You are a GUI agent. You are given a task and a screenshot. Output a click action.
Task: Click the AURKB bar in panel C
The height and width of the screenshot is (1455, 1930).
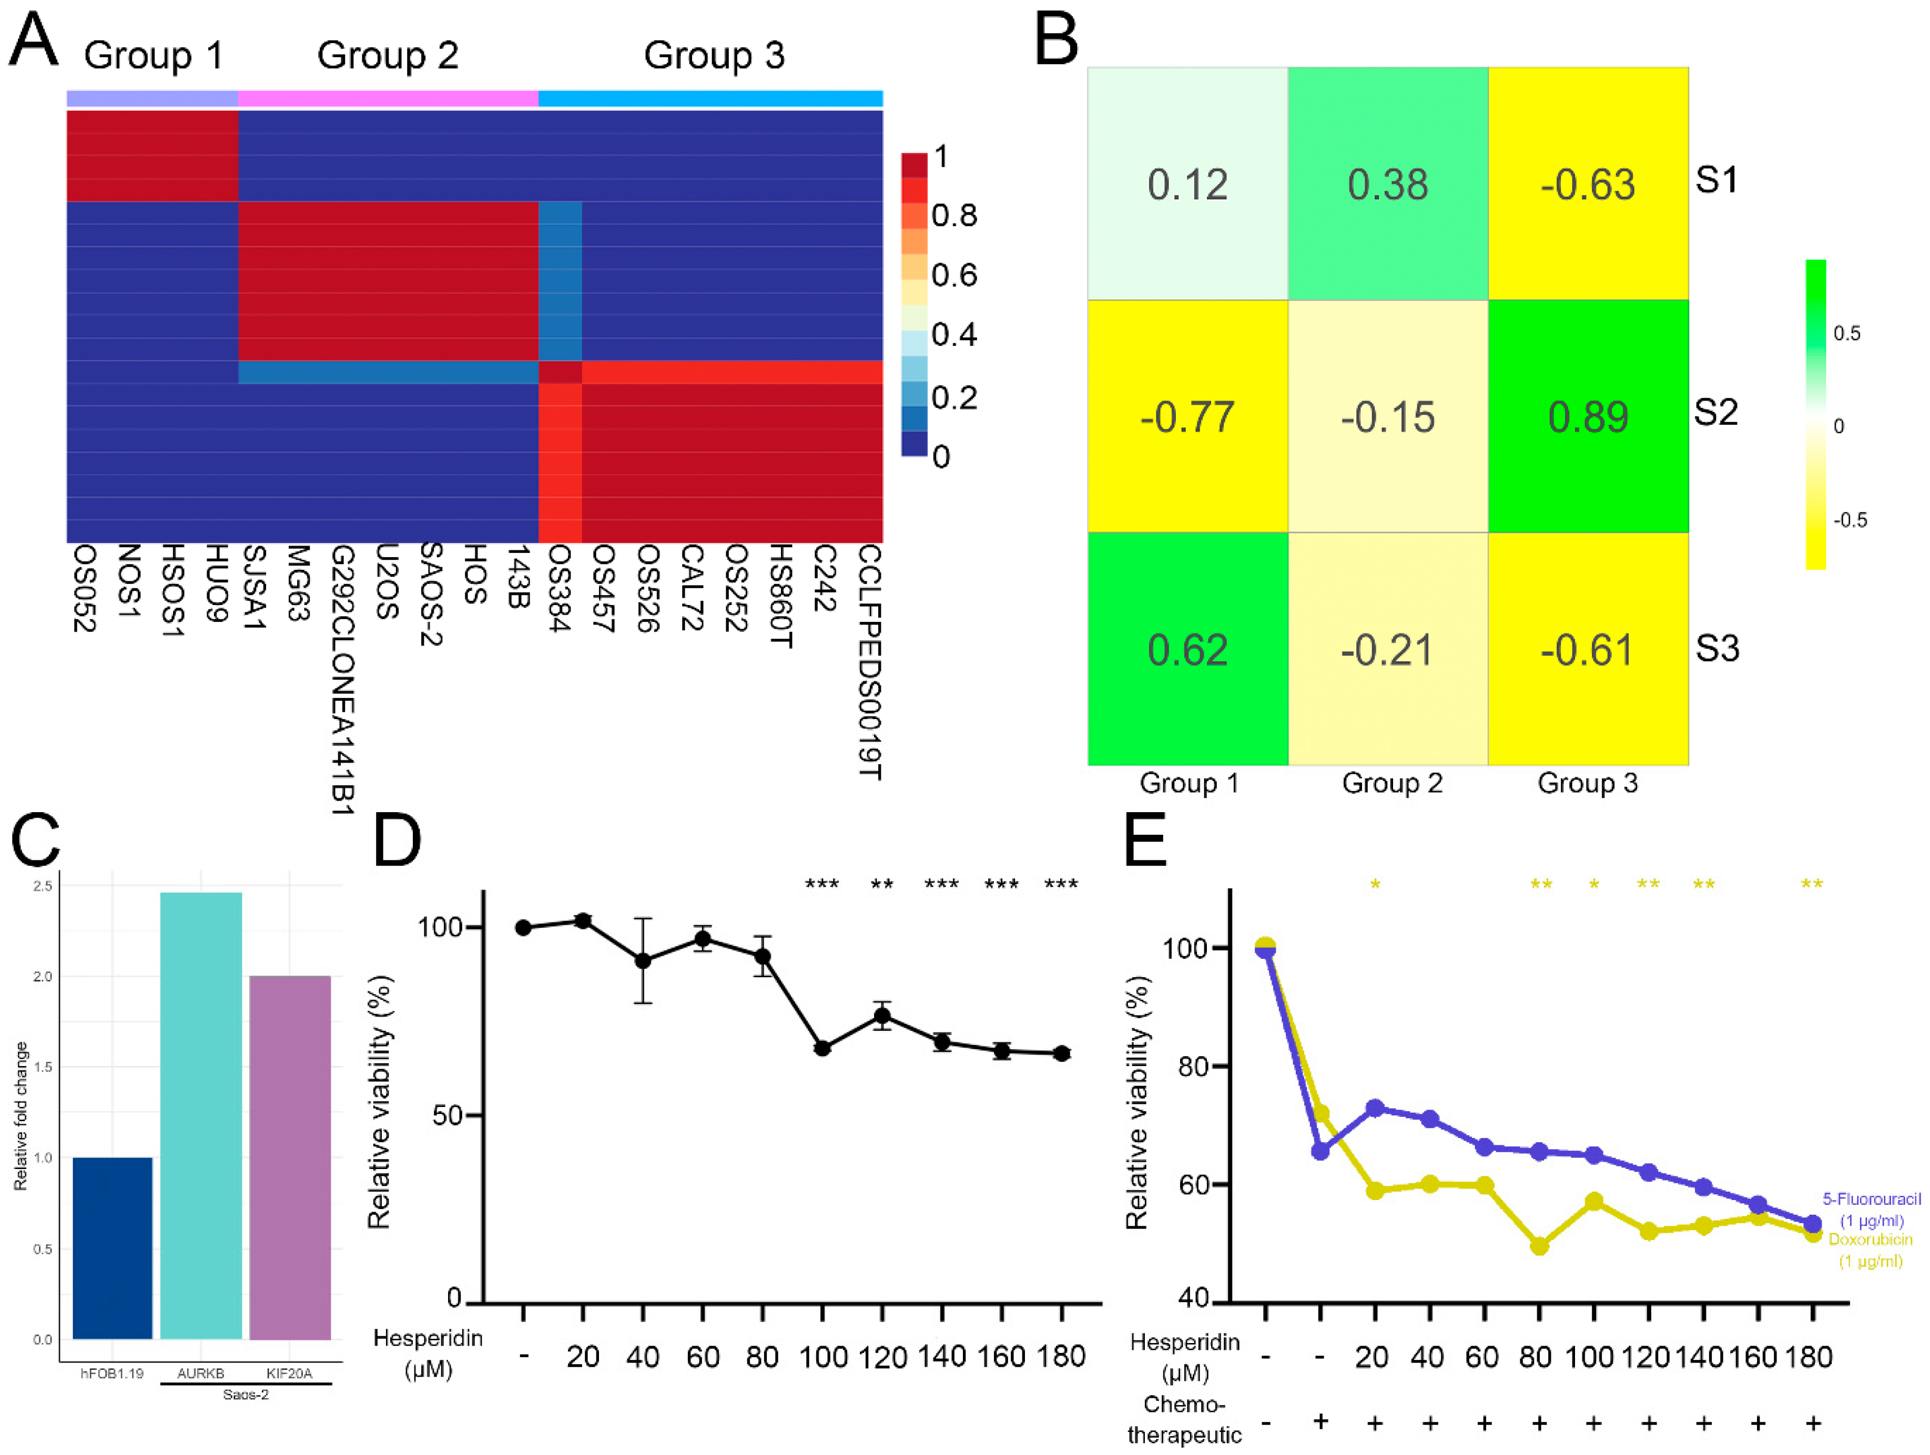(x=201, y=1116)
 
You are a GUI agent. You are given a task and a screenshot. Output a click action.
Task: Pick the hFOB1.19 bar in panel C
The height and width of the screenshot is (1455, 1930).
(x=113, y=1247)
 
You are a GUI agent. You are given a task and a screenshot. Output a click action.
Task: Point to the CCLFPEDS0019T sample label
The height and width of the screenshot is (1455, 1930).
(x=869, y=663)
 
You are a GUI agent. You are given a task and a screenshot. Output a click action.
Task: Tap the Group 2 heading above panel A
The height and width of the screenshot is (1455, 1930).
(x=388, y=55)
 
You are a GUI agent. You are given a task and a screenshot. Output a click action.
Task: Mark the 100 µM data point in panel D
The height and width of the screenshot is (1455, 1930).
(x=822, y=1048)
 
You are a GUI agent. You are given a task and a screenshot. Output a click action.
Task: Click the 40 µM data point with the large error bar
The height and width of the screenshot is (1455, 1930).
(x=643, y=960)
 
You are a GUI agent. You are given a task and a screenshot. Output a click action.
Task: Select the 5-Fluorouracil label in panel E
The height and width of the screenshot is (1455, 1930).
(x=1871, y=1200)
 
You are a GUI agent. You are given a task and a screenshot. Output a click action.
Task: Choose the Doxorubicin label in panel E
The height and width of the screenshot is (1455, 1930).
(x=1870, y=1239)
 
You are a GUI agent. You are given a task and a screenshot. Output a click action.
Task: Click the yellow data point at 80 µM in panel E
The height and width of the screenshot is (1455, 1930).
(x=1539, y=1246)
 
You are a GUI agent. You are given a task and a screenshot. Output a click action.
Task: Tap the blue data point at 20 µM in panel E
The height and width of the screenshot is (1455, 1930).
(x=1375, y=1108)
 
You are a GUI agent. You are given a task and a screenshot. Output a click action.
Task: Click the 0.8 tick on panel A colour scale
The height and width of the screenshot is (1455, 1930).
(x=953, y=216)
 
